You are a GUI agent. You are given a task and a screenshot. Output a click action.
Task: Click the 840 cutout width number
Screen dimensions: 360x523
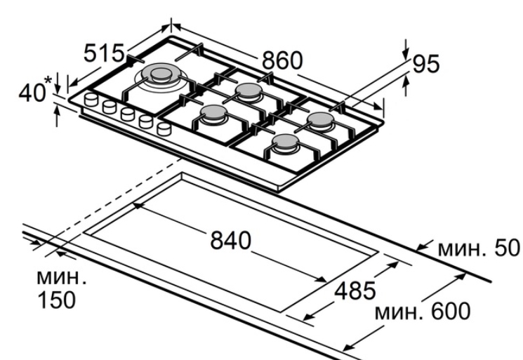(232, 241)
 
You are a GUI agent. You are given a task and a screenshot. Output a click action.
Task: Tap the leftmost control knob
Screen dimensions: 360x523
(91, 100)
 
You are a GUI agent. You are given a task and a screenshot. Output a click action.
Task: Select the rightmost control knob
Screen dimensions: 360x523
(164, 128)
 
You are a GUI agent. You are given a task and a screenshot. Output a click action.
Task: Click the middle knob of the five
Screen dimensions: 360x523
(127, 114)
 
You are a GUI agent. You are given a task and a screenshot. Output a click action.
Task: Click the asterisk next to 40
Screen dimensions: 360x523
(48, 84)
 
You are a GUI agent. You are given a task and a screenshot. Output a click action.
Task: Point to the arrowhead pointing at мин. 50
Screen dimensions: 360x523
(420, 248)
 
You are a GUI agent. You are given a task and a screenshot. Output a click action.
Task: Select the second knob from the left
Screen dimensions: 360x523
(109, 107)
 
